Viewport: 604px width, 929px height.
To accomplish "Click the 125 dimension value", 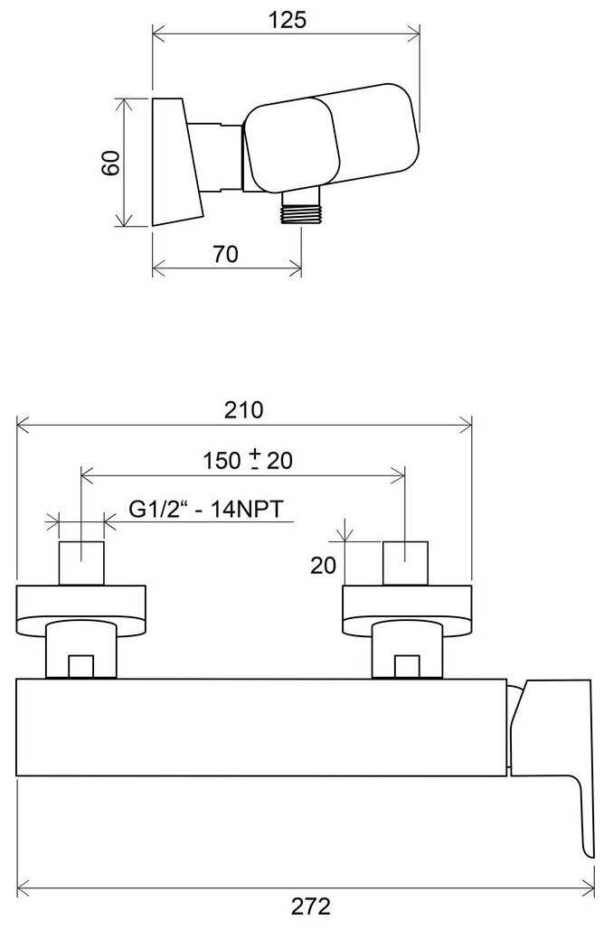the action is [x=288, y=20].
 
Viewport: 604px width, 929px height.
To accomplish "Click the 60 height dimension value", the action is [x=110, y=163].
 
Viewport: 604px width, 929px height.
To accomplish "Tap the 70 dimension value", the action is [x=225, y=254].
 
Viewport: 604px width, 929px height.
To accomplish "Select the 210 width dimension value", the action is [x=243, y=410].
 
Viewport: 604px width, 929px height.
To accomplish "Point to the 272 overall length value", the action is [x=311, y=906].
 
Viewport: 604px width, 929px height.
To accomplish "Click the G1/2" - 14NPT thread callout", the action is [x=206, y=509].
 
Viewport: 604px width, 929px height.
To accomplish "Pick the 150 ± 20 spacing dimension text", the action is [x=248, y=460].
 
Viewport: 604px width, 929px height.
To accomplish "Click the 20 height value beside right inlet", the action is [x=323, y=565].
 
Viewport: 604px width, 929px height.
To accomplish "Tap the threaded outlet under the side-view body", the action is [x=300, y=207].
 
